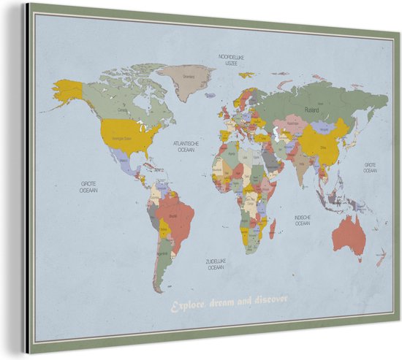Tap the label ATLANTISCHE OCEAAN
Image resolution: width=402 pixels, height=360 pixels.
183,147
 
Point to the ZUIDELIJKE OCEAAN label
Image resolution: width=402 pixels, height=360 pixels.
215,265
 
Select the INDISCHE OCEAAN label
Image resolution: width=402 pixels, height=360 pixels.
302,220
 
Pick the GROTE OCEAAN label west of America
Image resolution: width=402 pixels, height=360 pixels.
88,188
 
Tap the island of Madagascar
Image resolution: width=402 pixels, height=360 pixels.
273,229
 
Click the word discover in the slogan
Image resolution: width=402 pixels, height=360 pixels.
271,299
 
